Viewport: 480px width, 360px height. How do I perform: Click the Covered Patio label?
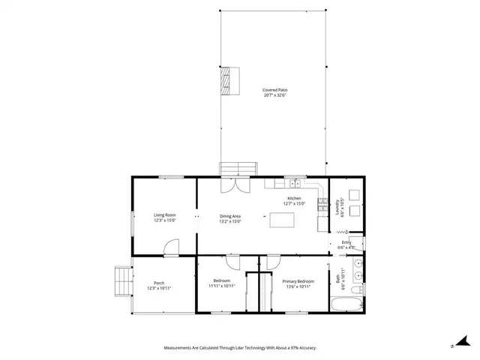point(275,93)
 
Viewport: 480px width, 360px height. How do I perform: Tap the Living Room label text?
point(164,217)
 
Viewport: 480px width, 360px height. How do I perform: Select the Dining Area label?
point(230,218)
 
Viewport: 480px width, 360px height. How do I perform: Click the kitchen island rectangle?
point(282,219)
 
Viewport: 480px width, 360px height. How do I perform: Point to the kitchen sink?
point(295,183)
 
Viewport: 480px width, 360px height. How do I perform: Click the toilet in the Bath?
point(359,290)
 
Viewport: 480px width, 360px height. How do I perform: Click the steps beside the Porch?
point(121,283)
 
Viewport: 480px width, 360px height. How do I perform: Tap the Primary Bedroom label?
point(298,283)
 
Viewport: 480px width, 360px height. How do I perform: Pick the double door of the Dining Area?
point(238,184)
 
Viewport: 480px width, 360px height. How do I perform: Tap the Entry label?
point(346,244)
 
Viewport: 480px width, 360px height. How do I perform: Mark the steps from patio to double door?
point(238,168)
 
